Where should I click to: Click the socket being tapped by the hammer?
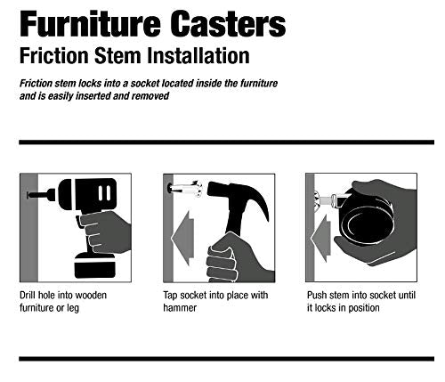point(185,189)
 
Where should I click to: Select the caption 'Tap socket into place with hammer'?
point(214,301)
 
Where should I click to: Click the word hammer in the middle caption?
point(182,308)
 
